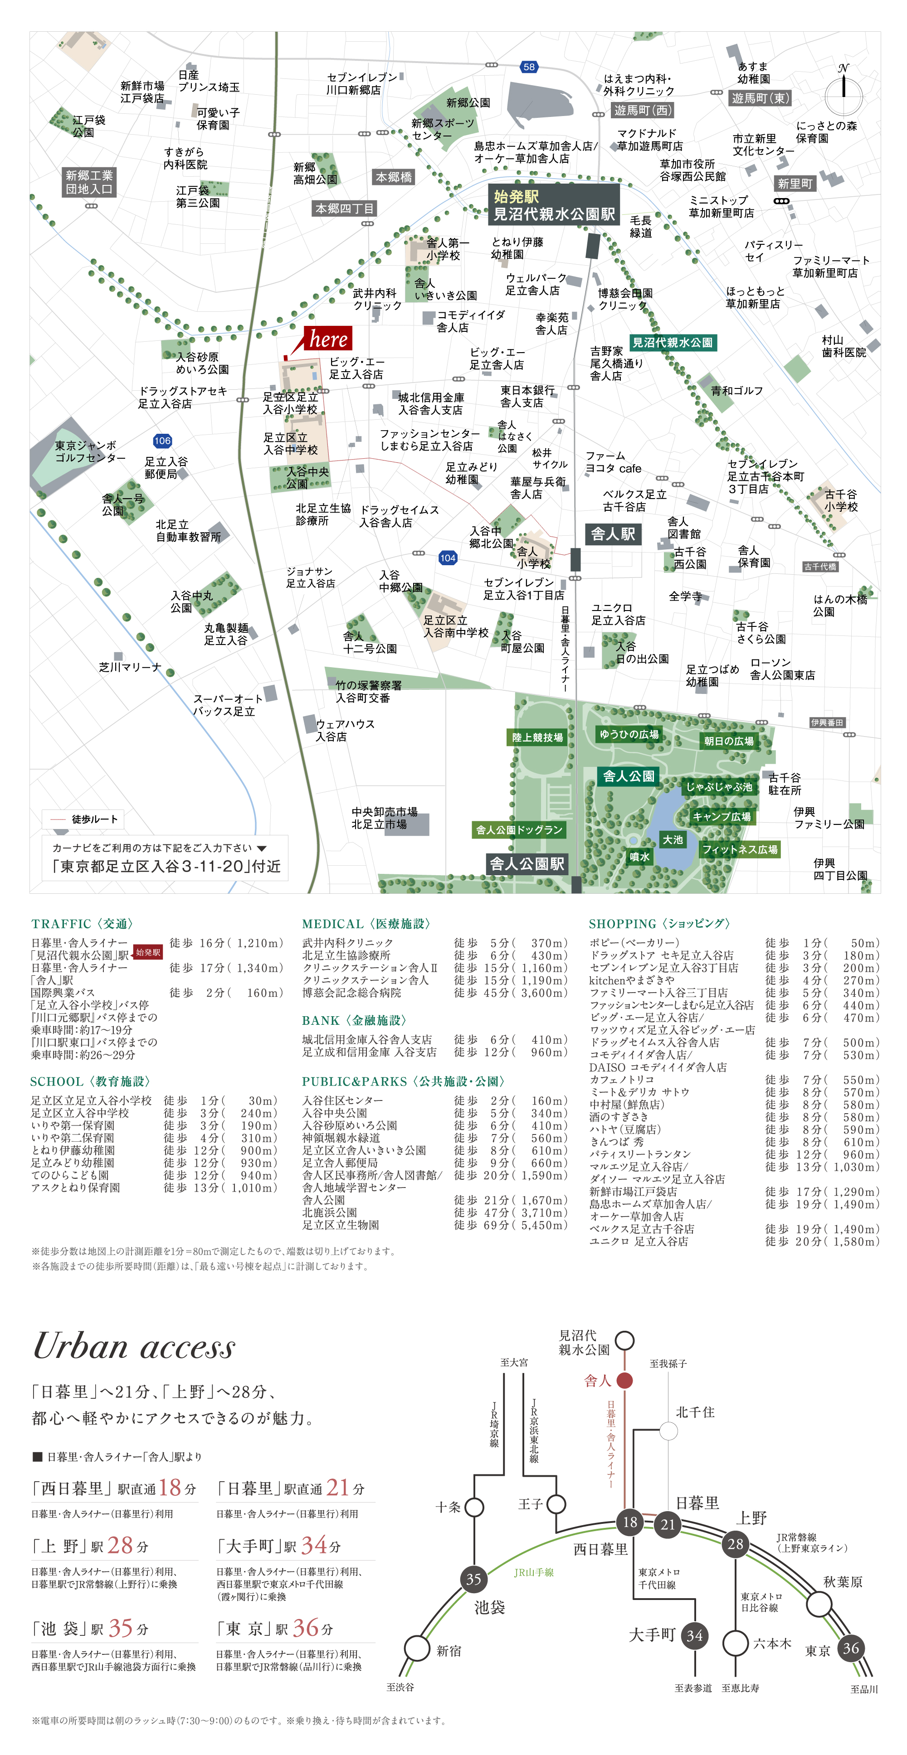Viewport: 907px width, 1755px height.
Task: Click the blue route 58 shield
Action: (x=529, y=67)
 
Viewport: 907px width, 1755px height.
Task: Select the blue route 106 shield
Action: (x=162, y=441)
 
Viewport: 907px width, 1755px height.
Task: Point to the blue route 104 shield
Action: (x=448, y=558)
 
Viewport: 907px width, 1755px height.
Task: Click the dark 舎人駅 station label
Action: (x=613, y=534)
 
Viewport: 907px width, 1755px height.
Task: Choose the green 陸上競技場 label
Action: (x=538, y=737)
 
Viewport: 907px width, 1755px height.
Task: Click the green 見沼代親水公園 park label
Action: (x=673, y=343)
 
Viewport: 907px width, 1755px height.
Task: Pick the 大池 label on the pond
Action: (x=673, y=839)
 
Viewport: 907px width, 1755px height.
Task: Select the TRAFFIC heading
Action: (x=82, y=924)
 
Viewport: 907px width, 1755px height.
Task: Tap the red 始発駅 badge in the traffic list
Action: (x=148, y=952)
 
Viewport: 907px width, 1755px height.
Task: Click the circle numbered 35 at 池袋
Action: (x=473, y=1579)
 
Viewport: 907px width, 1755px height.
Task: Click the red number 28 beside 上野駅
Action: (x=120, y=1545)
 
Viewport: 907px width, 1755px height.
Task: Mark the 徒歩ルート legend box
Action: (x=83, y=819)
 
